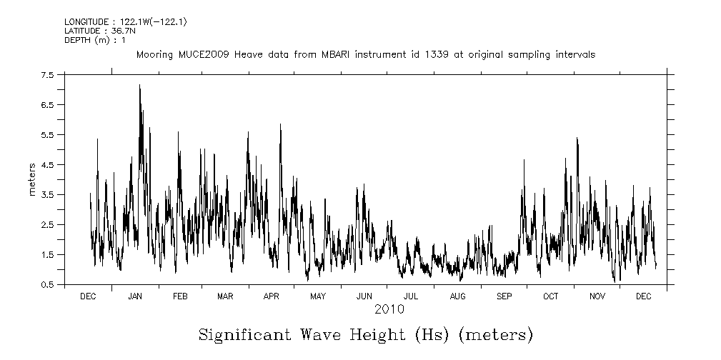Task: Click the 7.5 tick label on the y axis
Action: click(47, 75)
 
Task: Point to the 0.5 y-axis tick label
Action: click(47, 285)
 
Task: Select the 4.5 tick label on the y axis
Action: click(47, 165)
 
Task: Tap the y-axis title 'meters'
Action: click(32, 179)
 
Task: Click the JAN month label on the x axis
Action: click(134, 296)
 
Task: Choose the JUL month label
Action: click(410, 296)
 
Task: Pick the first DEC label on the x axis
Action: click(88, 296)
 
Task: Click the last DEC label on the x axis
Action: click(642, 296)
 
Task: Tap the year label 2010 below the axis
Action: click(389, 309)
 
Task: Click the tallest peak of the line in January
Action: click(139, 86)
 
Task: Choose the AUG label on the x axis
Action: click(457, 296)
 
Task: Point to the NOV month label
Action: click(597, 296)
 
